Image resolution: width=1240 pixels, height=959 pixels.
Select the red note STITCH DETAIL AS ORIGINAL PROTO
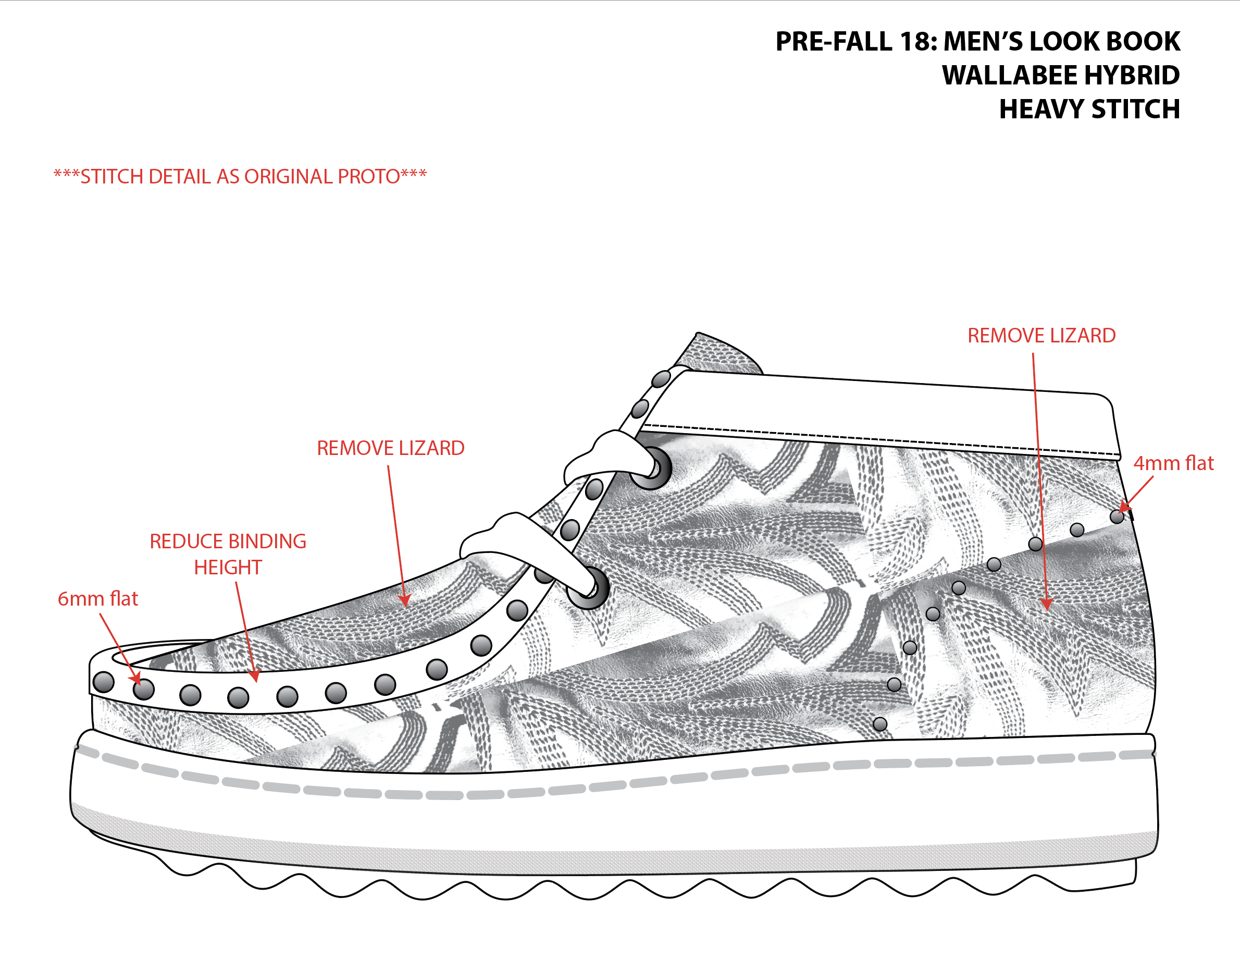240,177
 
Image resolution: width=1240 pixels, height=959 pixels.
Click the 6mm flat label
97,599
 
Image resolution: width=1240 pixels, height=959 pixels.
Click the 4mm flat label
1173,463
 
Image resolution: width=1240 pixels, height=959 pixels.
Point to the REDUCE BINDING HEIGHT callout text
228,554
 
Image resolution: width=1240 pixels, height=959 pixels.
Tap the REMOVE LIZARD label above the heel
1041,336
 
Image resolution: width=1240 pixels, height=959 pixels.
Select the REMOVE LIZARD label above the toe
391,448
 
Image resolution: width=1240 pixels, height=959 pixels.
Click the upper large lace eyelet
652,469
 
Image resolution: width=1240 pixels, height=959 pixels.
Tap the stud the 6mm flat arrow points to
144,690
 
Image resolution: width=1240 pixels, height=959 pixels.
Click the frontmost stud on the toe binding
103,682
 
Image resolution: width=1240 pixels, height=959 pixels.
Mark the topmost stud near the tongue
661,378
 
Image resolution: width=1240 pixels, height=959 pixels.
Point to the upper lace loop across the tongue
607,454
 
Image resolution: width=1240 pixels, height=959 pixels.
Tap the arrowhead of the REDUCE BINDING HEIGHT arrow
255,676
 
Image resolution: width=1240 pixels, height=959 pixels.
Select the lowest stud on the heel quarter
880,724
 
